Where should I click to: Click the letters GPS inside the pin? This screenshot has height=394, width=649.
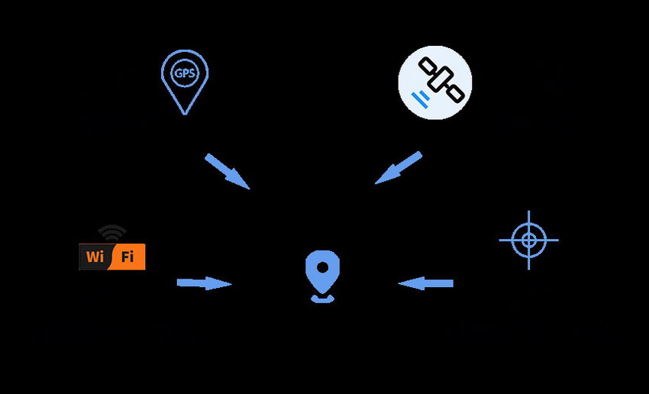click(x=185, y=73)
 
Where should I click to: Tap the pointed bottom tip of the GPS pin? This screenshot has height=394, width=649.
click(x=185, y=115)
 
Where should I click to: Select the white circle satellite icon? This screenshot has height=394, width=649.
click(x=434, y=82)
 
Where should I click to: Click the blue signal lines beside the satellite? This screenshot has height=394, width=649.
click(x=420, y=100)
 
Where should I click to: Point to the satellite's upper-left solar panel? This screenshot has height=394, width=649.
click(x=428, y=66)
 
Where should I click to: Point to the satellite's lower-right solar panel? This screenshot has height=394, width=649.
click(x=455, y=93)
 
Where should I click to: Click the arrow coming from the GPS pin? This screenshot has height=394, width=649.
click(x=228, y=171)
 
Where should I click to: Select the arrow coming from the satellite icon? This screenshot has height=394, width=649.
click(x=398, y=168)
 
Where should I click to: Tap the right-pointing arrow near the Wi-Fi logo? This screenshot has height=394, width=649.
click(x=204, y=283)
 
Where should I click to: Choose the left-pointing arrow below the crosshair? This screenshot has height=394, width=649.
click(x=425, y=283)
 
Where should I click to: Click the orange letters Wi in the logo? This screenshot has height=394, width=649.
click(x=95, y=257)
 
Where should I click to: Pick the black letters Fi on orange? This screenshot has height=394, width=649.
click(x=128, y=257)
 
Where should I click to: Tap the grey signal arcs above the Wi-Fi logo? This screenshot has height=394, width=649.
click(x=112, y=233)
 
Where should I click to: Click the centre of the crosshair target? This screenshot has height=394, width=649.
click(x=528, y=240)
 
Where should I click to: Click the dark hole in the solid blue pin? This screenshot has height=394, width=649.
click(x=322, y=268)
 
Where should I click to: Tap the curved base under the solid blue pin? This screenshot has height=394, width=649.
click(x=322, y=299)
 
